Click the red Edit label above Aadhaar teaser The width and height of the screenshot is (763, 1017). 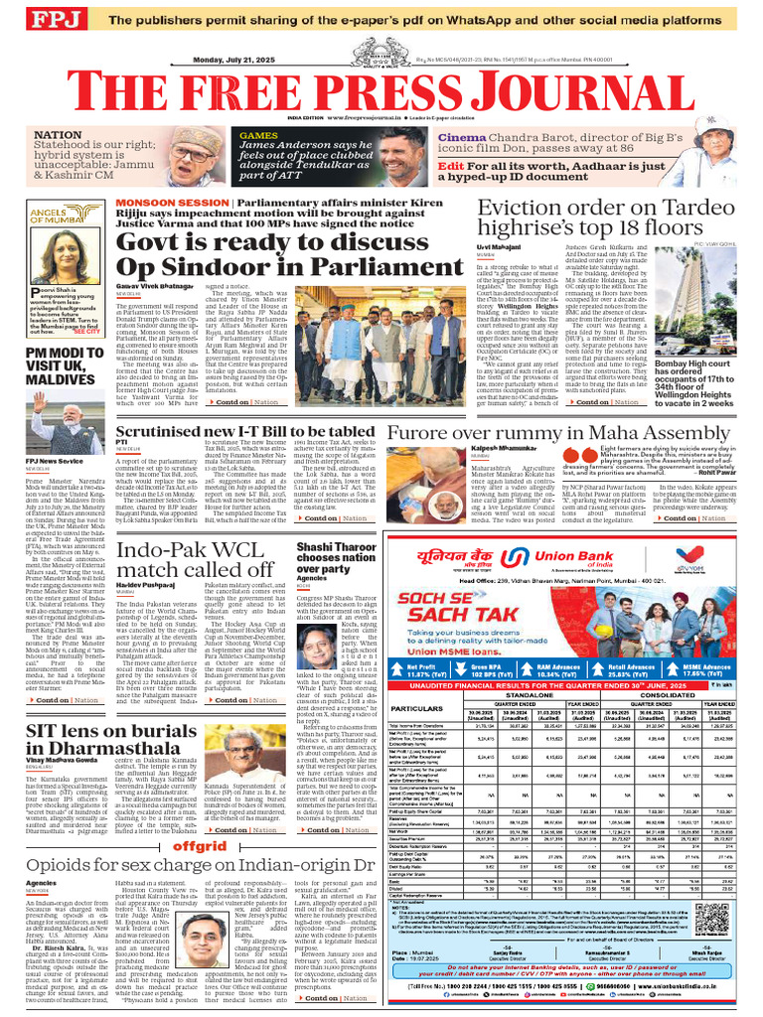pos(450,165)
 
